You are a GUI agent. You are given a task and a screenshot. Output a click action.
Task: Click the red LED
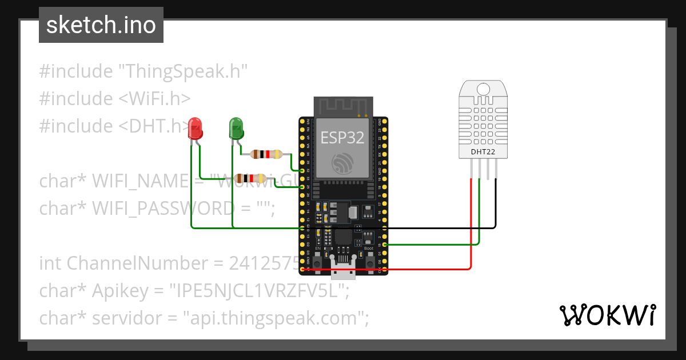click(x=196, y=129)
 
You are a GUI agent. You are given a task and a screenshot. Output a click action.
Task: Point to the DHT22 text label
click(x=483, y=152)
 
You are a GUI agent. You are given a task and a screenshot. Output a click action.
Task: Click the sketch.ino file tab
click(x=101, y=25)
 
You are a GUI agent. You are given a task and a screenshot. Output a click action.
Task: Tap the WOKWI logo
click(x=607, y=315)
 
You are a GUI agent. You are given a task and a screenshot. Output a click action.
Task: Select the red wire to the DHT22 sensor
click(x=471, y=229)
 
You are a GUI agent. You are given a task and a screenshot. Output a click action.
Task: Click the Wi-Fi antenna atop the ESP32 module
click(x=342, y=106)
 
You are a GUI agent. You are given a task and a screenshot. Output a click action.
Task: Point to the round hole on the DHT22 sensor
click(x=483, y=89)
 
